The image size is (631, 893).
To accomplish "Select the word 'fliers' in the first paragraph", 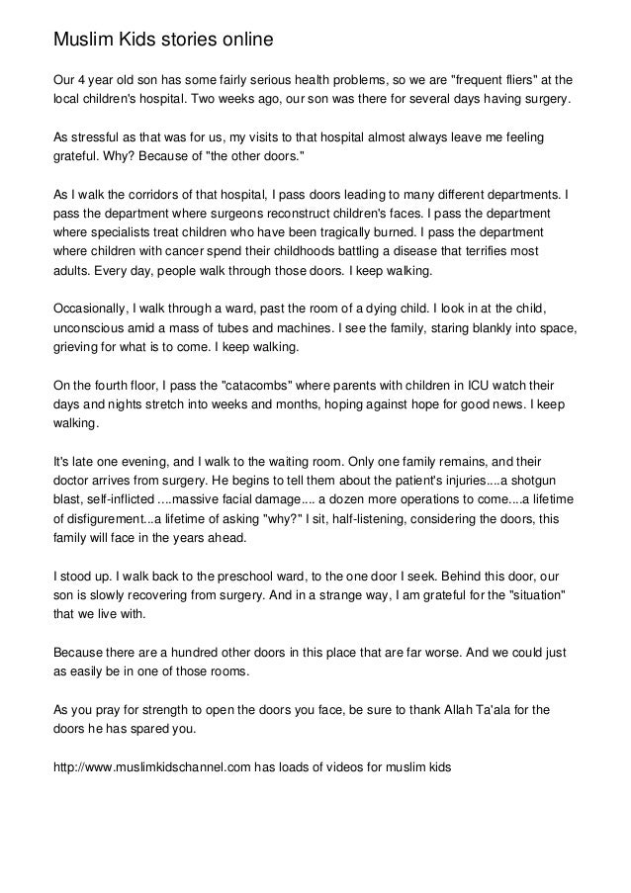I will [x=521, y=79].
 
